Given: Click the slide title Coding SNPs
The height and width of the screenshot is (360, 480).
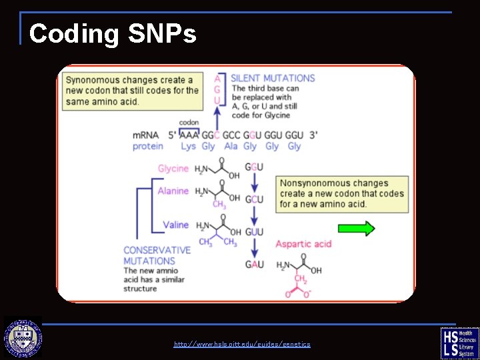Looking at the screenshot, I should (x=113, y=33).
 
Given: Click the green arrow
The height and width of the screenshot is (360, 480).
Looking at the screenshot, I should (x=356, y=229).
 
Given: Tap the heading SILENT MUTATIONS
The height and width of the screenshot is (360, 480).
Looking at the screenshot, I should (x=273, y=78).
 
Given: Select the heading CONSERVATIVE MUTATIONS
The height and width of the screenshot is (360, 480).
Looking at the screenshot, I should (x=157, y=255).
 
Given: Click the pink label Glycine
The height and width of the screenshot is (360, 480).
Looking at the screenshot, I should (x=173, y=169).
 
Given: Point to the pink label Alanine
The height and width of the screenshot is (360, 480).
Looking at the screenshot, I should (x=173, y=191).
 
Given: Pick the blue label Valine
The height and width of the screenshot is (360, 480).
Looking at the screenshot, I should (x=176, y=225).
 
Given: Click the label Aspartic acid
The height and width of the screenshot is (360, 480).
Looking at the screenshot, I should (x=303, y=244).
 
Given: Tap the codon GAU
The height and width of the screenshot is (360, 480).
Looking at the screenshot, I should (x=255, y=265).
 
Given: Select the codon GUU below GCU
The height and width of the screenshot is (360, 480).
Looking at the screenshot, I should (x=255, y=232).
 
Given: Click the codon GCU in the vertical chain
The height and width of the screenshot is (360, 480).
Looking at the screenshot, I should (x=255, y=199).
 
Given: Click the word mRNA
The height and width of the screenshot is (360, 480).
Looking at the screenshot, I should (x=146, y=135).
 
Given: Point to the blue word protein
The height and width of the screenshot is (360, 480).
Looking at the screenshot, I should (x=148, y=146).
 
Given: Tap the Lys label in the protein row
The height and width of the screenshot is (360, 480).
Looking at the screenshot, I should (x=188, y=146).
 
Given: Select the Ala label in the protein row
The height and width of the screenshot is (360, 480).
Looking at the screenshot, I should (x=231, y=146).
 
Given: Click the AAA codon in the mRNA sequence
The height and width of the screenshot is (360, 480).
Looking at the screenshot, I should (x=189, y=135).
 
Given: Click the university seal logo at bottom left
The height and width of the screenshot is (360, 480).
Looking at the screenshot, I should (x=23, y=338).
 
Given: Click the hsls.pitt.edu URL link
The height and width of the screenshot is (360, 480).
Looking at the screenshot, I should (x=241, y=344).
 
